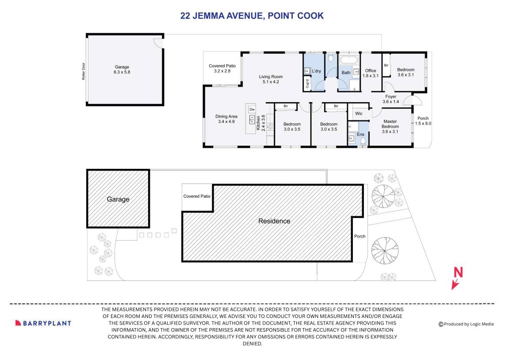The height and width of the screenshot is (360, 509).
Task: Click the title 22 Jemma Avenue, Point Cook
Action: [252, 16]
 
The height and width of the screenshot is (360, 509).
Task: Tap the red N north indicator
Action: [458, 273]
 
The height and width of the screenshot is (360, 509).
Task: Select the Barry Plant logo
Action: [43, 323]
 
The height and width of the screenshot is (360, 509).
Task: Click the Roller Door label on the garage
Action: [83, 71]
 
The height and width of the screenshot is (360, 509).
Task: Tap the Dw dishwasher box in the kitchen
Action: [252, 109]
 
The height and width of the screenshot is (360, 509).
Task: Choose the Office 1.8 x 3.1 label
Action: [371, 73]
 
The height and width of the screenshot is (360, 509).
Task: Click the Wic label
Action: [359, 114]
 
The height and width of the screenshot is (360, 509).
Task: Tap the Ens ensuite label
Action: [360, 134]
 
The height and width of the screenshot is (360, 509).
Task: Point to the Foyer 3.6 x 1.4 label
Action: [391, 99]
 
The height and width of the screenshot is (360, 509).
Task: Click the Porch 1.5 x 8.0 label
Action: [423, 121]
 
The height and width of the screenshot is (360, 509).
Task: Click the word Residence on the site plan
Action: [274, 221]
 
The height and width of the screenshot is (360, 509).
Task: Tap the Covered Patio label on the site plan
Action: [197, 196]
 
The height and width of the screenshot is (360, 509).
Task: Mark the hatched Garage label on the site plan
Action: [118, 199]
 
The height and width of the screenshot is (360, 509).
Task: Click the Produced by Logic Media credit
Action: [466, 324]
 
